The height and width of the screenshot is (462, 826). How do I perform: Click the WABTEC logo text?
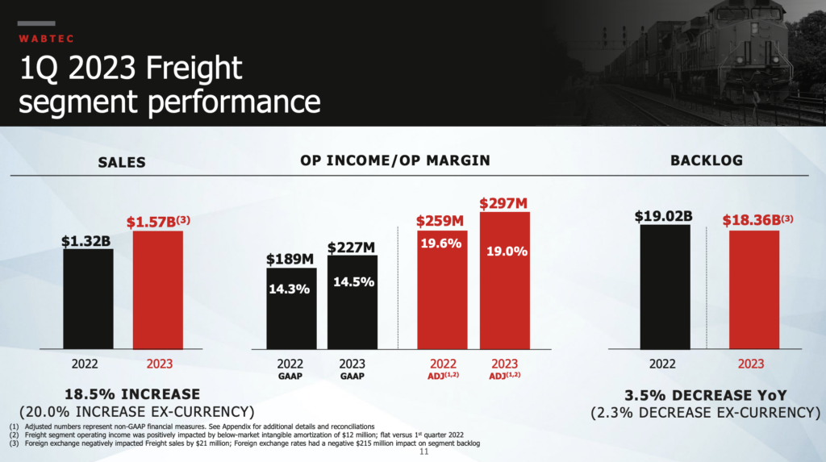point(44,37)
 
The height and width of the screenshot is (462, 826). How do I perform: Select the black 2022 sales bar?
point(88,298)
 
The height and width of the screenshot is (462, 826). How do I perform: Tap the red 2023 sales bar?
point(158,289)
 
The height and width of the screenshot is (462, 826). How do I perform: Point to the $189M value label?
point(291,260)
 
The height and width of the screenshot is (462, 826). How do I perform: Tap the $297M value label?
point(504,203)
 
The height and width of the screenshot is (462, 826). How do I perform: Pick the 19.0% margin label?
point(507,252)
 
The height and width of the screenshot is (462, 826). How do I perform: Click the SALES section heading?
point(122,162)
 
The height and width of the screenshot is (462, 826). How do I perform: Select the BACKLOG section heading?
point(707,160)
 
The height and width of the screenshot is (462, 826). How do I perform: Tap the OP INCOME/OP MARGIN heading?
point(395,160)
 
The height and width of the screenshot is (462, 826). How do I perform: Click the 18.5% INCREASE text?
point(133,393)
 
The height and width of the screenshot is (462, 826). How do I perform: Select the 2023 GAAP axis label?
point(352,368)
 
